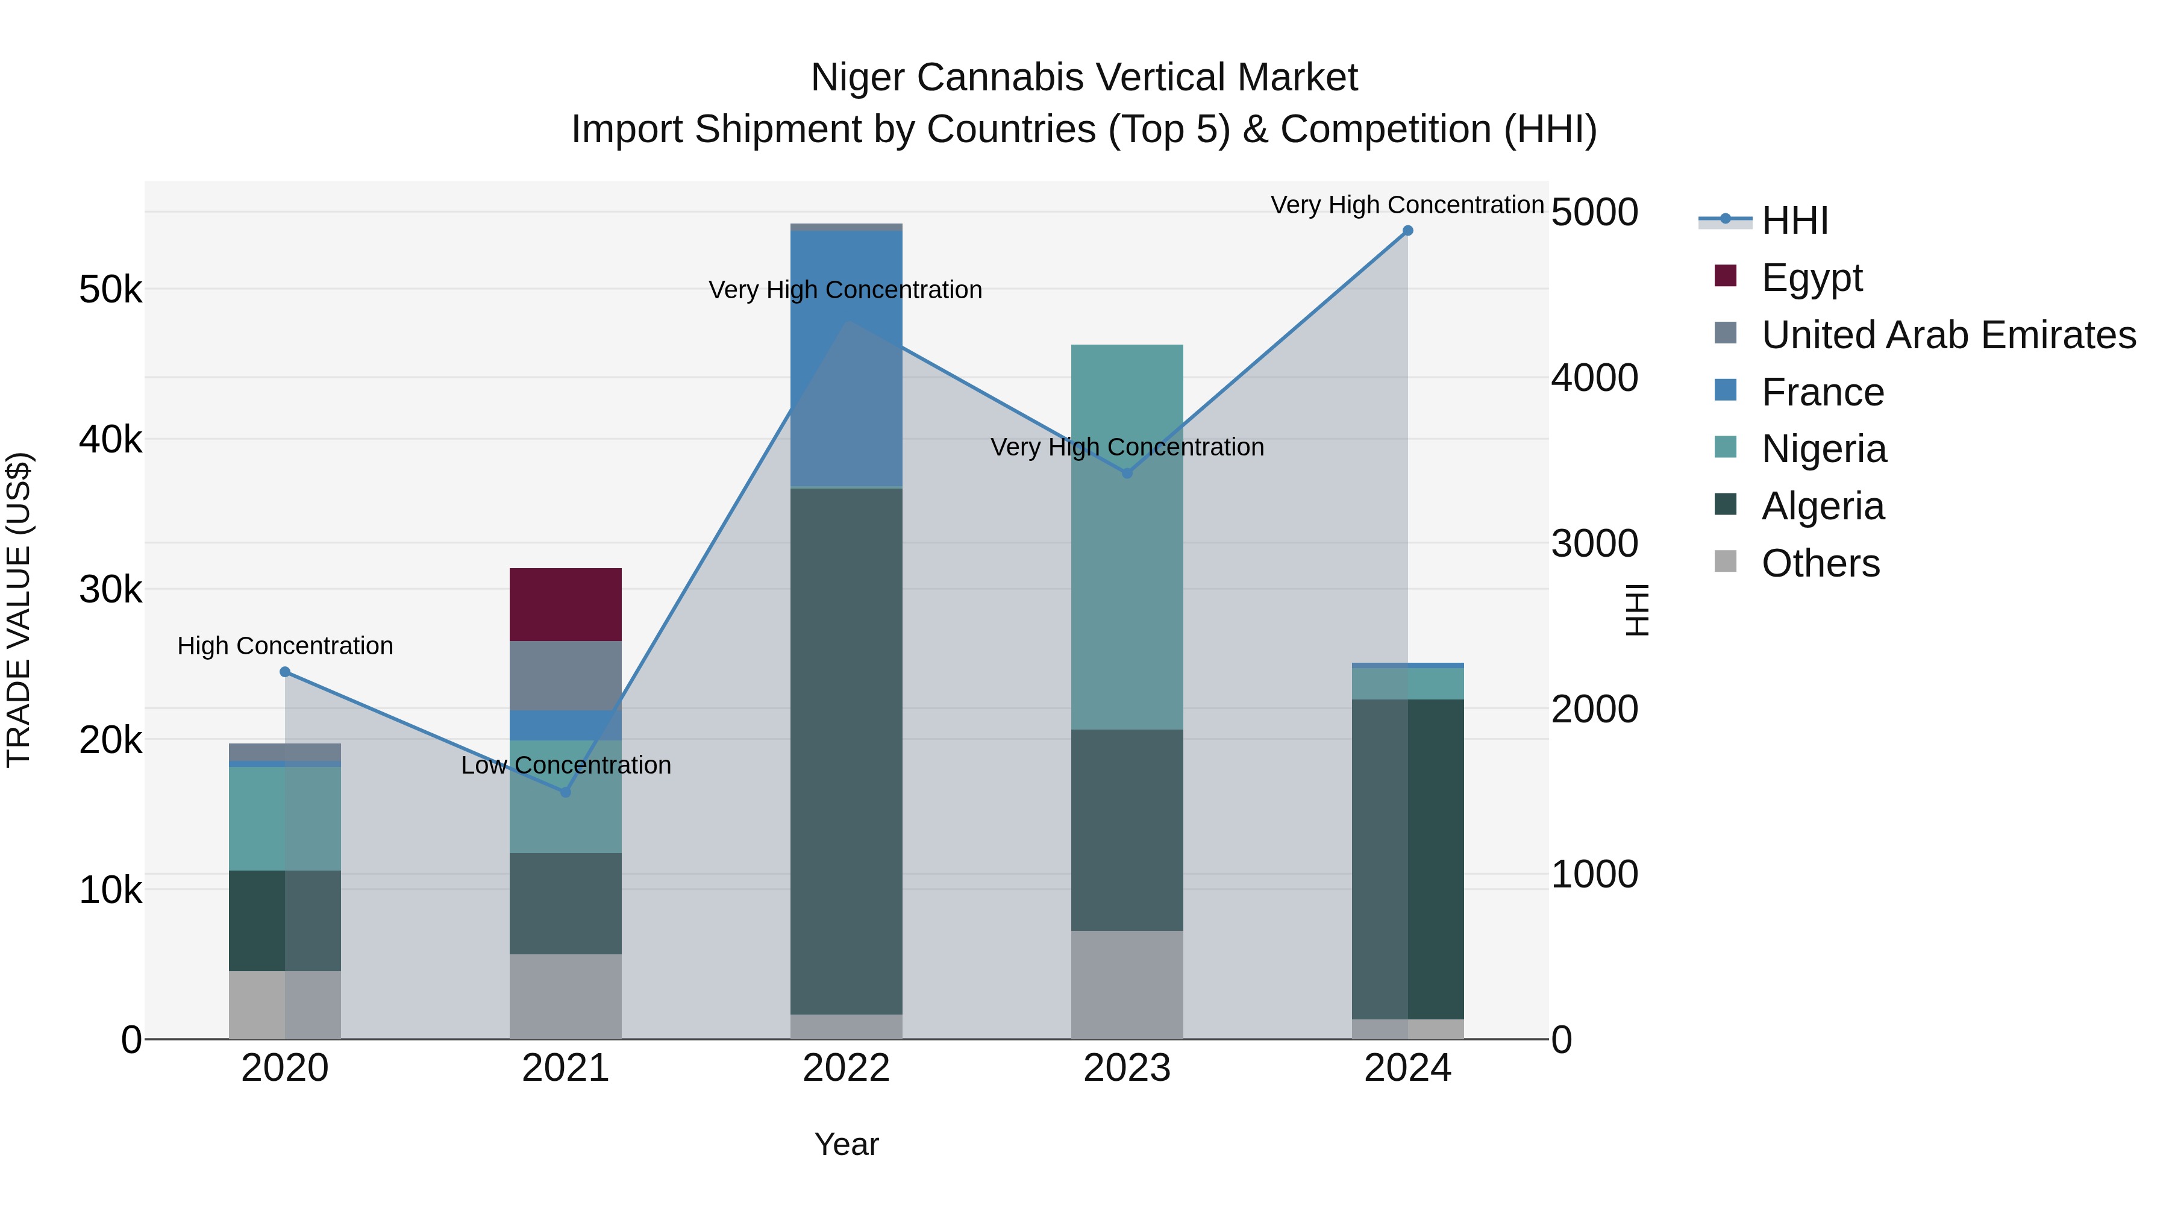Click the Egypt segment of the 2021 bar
pos(565,604)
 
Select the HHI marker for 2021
pos(565,792)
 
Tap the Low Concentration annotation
pos(566,765)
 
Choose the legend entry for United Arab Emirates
pos(1948,334)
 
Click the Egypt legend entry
pos(1811,277)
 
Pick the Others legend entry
pos(1820,563)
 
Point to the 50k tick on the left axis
pos(110,290)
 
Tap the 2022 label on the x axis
pos(847,1068)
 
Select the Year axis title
pos(847,1144)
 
